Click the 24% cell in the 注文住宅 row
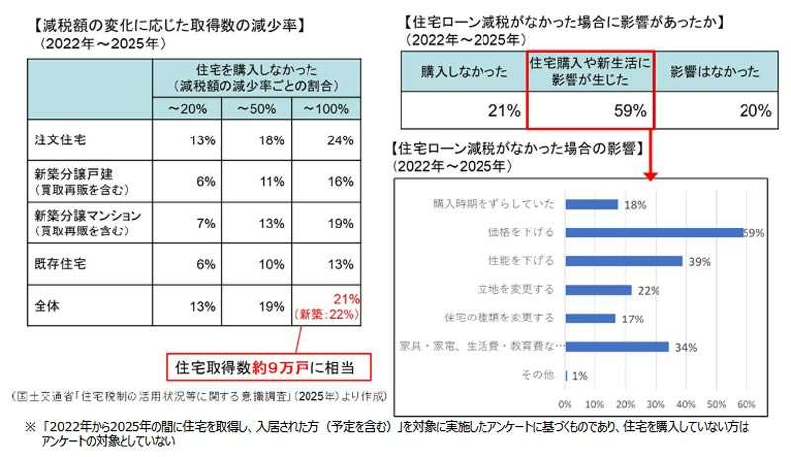pos(339,140)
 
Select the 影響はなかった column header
pos(715,72)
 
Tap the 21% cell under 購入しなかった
pos(463,110)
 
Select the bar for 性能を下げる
pos(624,261)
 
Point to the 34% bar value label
pos(686,347)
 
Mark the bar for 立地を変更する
pos(598,290)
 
